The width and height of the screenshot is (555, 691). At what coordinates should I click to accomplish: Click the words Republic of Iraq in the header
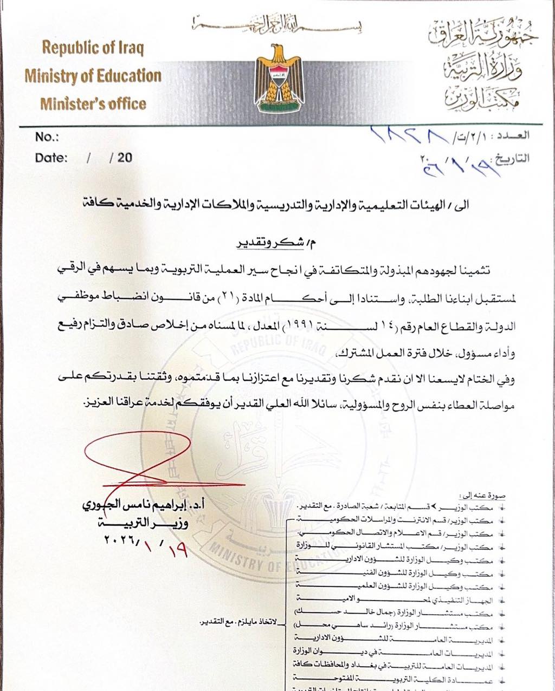[x=93, y=48]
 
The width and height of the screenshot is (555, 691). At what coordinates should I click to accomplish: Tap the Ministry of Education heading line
[x=93, y=76]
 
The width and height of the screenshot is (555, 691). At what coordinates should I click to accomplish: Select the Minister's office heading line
[x=93, y=103]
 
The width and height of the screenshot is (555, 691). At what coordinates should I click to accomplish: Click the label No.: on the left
[x=47, y=136]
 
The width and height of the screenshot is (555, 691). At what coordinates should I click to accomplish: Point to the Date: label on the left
[x=51, y=158]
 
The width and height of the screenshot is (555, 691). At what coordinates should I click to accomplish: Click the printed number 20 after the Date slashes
[x=125, y=158]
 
